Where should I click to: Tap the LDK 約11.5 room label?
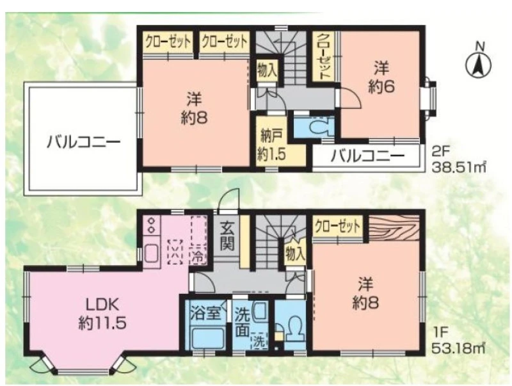tap(102, 314)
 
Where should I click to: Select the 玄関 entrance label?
tap(227, 236)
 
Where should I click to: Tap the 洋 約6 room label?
tap(381, 78)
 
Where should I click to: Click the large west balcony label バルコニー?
tap(84, 143)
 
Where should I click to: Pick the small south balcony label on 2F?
tap(366, 157)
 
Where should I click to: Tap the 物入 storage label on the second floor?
tap(267, 70)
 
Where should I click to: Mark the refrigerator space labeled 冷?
tap(198, 240)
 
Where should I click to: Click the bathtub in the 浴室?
tap(207, 339)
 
